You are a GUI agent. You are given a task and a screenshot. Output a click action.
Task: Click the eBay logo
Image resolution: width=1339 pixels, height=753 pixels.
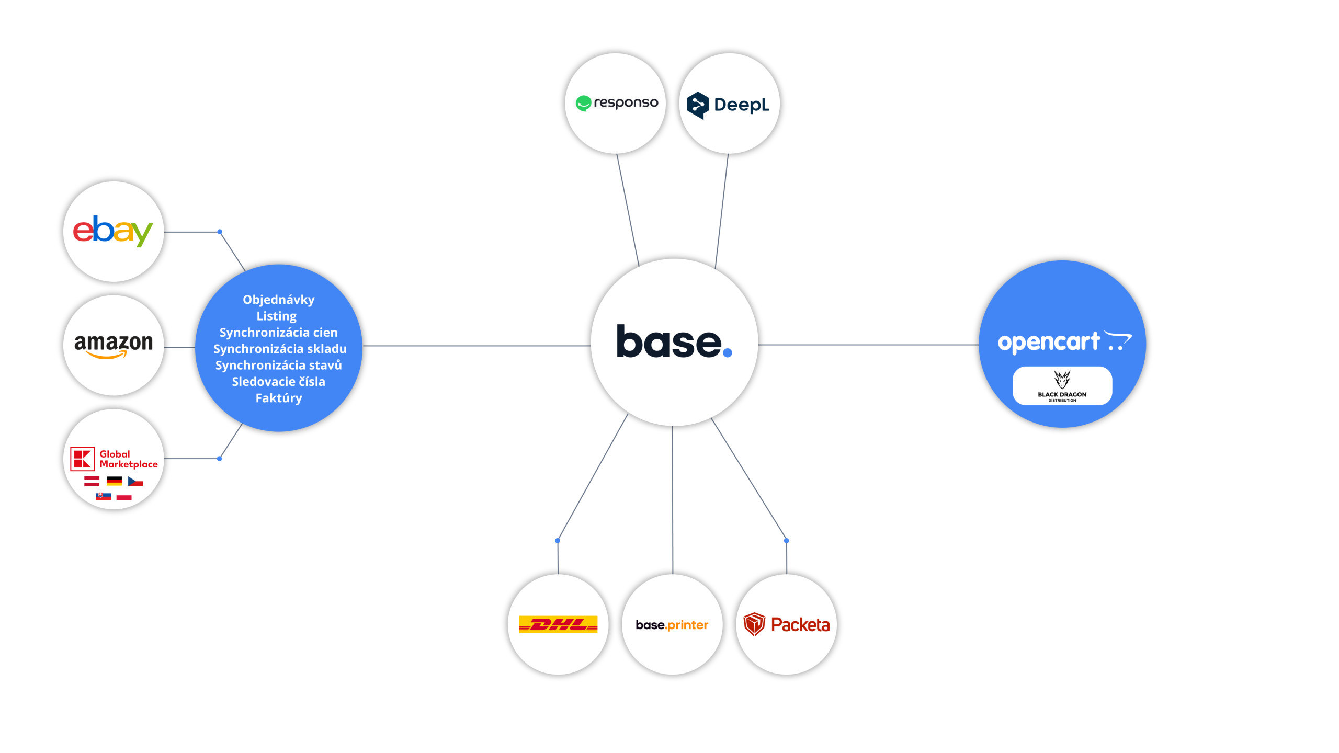pyautogui.click(x=112, y=231)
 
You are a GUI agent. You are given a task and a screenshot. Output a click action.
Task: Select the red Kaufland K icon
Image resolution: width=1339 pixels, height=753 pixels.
pyautogui.click(x=82, y=459)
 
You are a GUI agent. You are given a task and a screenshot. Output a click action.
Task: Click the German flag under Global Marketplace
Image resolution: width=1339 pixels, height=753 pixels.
pyautogui.click(x=114, y=481)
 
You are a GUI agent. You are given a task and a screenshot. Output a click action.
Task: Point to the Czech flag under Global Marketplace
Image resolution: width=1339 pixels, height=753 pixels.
pyautogui.click(x=135, y=481)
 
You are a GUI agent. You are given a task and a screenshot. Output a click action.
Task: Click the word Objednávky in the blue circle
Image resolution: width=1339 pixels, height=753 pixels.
pyautogui.click(x=278, y=300)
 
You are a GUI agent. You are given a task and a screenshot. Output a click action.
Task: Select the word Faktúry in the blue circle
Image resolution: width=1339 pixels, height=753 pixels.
pyautogui.click(x=278, y=398)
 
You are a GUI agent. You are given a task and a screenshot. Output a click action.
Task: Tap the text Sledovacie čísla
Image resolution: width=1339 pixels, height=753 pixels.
pyautogui.click(x=278, y=382)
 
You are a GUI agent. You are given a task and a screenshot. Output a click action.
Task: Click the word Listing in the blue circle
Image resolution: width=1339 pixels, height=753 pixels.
pyautogui.click(x=276, y=316)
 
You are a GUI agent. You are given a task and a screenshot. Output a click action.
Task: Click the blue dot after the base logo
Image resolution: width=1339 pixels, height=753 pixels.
pyautogui.click(x=727, y=353)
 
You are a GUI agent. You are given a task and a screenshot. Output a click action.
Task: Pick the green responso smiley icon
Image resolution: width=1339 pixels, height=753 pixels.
pyautogui.click(x=583, y=103)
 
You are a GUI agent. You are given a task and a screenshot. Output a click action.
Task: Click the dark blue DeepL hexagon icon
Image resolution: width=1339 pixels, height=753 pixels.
pyautogui.click(x=698, y=105)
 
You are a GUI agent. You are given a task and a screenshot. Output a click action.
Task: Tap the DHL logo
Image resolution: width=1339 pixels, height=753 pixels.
pyautogui.click(x=558, y=624)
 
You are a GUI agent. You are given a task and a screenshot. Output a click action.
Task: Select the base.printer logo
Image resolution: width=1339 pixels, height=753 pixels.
pyautogui.click(x=672, y=625)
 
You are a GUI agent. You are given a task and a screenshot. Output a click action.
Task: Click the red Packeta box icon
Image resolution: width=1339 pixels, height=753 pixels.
pyautogui.click(x=754, y=624)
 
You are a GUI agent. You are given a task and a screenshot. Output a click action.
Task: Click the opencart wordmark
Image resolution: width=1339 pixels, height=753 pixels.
pyautogui.click(x=1049, y=343)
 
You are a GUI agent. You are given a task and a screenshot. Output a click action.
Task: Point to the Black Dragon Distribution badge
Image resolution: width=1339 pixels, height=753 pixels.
pyautogui.click(x=1062, y=386)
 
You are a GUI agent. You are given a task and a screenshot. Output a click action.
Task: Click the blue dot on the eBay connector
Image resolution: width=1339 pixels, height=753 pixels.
pyautogui.click(x=220, y=232)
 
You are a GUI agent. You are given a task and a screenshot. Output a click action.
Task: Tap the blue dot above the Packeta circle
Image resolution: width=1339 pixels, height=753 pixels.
pyautogui.click(x=786, y=541)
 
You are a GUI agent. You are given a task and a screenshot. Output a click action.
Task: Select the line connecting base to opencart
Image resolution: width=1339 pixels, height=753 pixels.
pyautogui.click(x=868, y=345)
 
